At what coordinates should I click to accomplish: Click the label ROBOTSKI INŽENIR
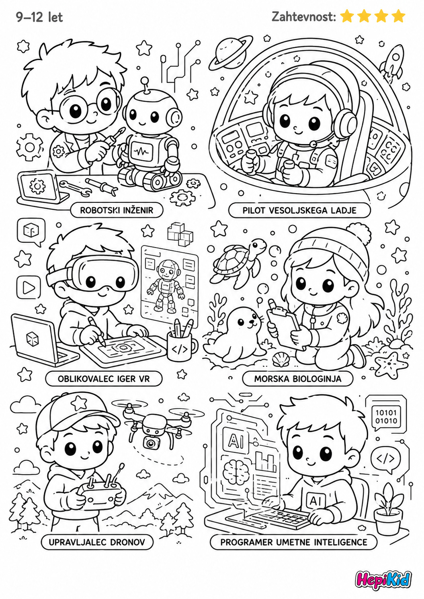tap(117, 210)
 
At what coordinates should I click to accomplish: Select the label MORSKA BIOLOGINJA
tap(297, 379)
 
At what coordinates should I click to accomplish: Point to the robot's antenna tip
tap(145, 80)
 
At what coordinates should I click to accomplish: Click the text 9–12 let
tap(40, 17)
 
